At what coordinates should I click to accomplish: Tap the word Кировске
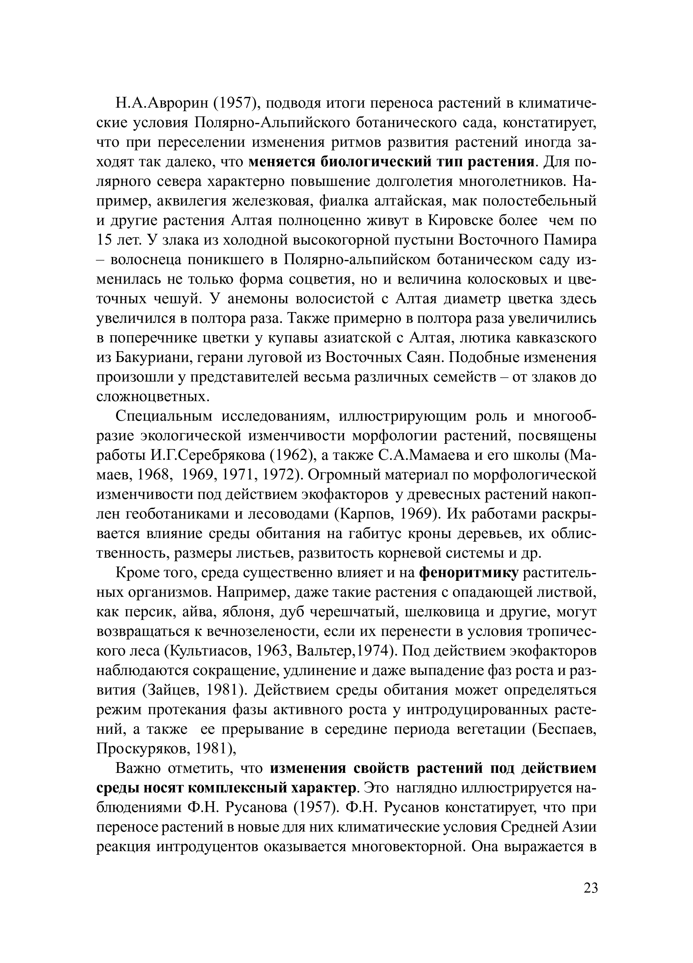[459, 221]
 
